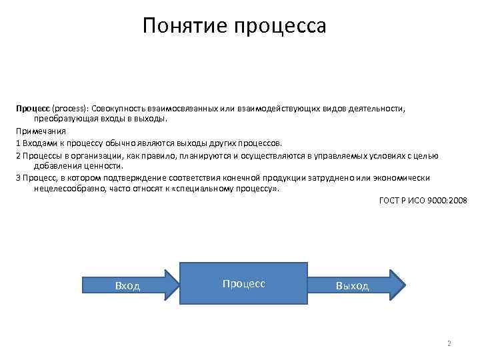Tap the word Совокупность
120,107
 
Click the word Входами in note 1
39,143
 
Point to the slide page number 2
449,343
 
